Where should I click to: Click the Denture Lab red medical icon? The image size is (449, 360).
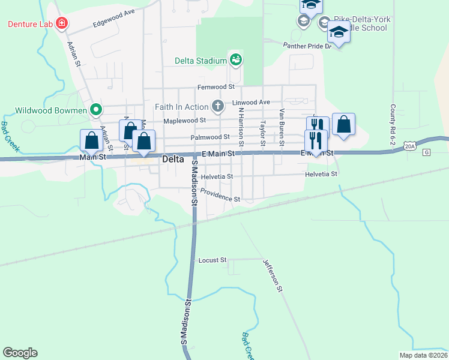[61, 24]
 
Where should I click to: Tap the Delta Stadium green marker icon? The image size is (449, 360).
[235, 60]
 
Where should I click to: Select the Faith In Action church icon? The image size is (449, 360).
[217, 107]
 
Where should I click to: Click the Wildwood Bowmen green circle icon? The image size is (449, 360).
[95, 110]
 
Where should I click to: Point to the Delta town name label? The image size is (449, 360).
[173, 160]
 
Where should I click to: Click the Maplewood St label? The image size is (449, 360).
[186, 120]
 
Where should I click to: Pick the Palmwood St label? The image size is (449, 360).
[210, 137]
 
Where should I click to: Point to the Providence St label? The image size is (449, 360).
[220, 195]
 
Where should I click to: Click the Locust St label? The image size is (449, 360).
[212, 260]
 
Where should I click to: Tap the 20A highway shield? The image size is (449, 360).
[409, 146]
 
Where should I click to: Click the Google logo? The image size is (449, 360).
[20, 353]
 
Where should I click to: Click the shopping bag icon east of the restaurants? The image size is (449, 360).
[343, 125]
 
